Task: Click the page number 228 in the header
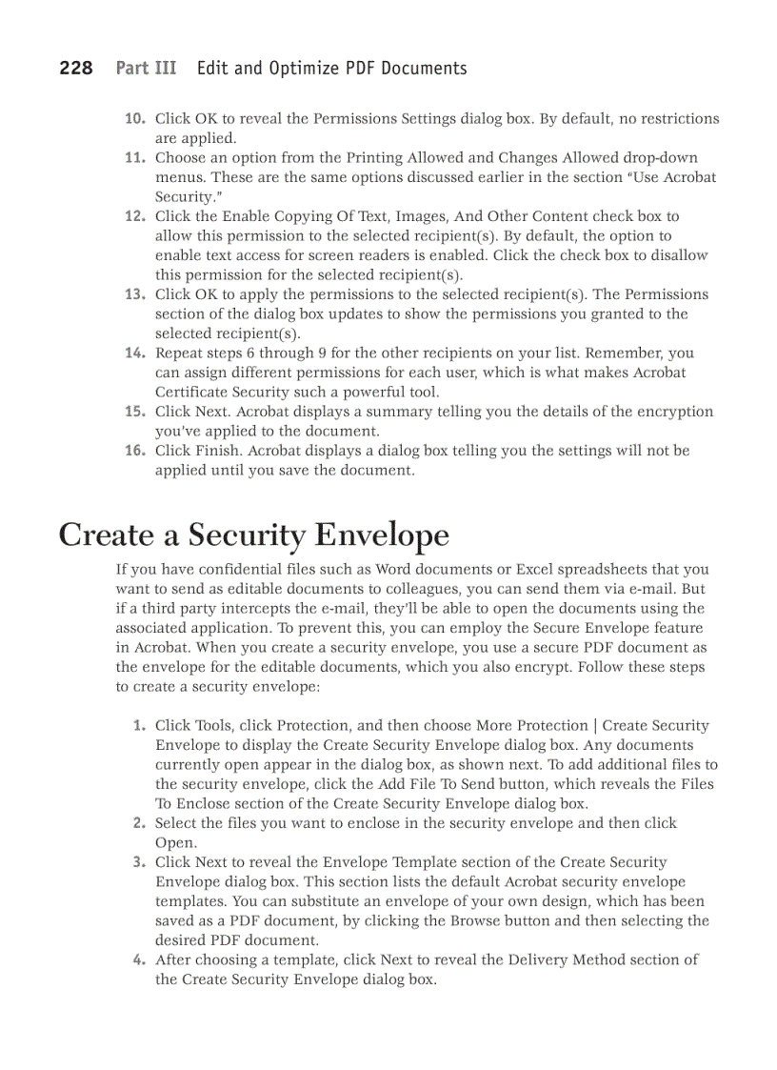[x=76, y=68]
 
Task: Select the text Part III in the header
[x=146, y=68]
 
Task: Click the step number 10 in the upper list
[x=134, y=119]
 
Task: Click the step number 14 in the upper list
[x=134, y=353]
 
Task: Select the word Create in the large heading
[x=105, y=535]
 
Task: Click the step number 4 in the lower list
[x=140, y=959]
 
